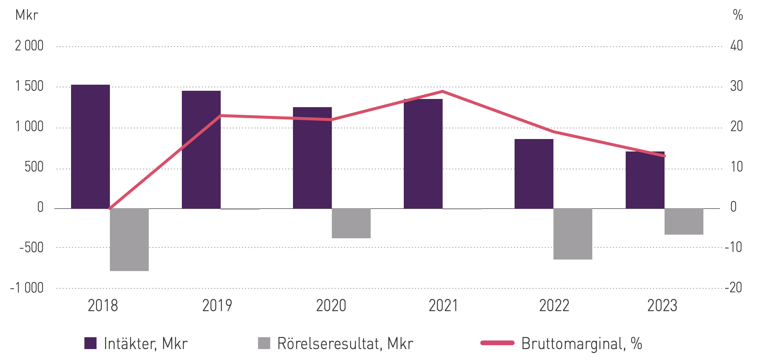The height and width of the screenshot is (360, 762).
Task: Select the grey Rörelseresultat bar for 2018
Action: [x=129, y=239]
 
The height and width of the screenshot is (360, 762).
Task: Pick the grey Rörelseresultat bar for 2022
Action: [x=573, y=234]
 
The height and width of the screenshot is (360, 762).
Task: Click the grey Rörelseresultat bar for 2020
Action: [x=351, y=223]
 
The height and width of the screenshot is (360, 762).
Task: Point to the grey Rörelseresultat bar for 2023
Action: [x=684, y=221]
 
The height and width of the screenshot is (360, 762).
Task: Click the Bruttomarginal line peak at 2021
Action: [x=442, y=91]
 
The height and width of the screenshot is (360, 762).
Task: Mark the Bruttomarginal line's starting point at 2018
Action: [x=110, y=208]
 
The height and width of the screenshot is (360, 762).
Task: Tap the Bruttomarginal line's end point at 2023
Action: [x=664, y=156]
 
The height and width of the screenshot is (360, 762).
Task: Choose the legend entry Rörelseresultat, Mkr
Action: [x=335, y=343]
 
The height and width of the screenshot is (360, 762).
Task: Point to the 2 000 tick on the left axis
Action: [x=29, y=46]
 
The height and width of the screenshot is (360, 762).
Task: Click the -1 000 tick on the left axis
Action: [x=27, y=288]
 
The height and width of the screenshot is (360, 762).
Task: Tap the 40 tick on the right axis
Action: [x=736, y=46]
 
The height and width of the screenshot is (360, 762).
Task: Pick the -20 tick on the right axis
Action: [x=733, y=288]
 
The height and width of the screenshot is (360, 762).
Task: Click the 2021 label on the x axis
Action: [x=443, y=306]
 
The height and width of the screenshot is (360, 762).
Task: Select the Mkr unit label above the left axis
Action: [x=27, y=15]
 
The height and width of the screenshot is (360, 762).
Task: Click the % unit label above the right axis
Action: [x=738, y=15]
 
